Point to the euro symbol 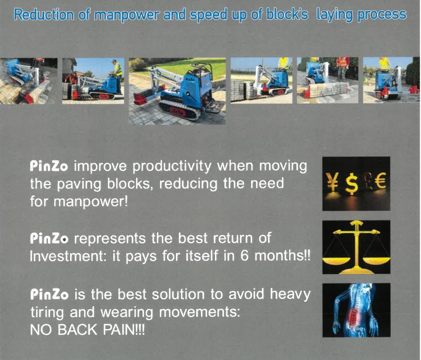coord(380,181)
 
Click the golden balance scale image coord(356,247)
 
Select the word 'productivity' coord(172,166)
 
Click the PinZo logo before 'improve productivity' coord(49,166)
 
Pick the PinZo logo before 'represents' coord(49,238)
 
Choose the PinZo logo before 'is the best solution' coord(49,295)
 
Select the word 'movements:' coord(199,313)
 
